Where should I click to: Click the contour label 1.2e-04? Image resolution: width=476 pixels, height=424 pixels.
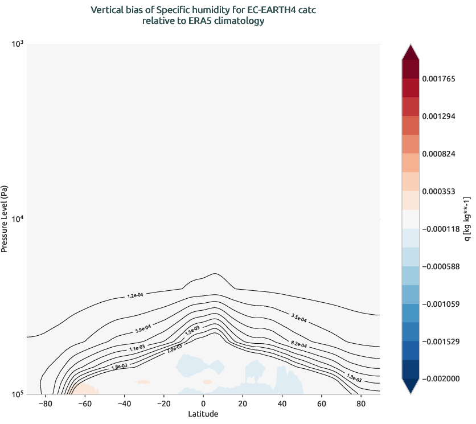(x=135, y=295)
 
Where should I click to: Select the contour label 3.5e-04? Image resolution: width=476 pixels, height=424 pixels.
(x=298, y=318)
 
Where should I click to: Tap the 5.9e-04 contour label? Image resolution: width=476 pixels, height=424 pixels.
(x=143, y=328)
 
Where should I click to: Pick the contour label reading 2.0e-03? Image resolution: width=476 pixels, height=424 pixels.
(x=175, y=347)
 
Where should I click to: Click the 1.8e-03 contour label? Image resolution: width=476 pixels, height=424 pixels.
(x=119, y=367)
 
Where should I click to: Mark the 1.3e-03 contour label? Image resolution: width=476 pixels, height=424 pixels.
(x=354, y=376)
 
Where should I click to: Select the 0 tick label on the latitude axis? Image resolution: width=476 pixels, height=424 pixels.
(x=203, y=404)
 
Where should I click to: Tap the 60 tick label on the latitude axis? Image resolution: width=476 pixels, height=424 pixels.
(x=322, y=404)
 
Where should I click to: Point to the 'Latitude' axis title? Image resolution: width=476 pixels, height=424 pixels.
(x=203, y=414)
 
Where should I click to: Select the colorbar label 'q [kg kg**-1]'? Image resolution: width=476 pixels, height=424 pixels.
(x=467, y=219)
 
